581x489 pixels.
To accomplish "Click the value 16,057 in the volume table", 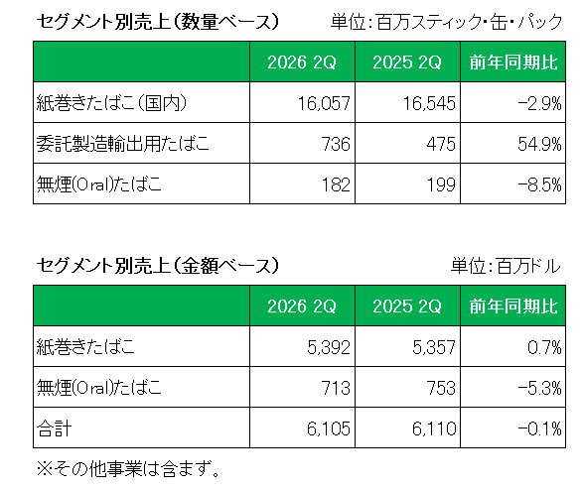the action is [x=324, y=103].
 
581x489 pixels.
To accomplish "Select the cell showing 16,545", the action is [x=429, y=103].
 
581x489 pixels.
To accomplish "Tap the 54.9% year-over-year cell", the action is [x=539, y=144].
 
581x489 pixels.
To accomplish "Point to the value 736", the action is [x=336, y=144].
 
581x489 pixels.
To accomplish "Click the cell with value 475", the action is [x=441, y=144].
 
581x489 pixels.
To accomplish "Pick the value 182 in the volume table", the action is [x=336, y=184].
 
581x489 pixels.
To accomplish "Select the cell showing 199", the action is [x=441, y=184].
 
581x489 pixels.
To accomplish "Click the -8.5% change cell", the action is [x=539, y=184].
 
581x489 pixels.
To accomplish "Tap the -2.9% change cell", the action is [x=539, y=103].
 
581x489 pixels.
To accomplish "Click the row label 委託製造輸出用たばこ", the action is [x=123, y=143].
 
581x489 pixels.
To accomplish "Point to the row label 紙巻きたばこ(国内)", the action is [x=111, y=102].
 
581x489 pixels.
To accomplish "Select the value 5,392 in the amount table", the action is [x=329, y=347].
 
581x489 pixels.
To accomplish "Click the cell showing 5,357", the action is [x=434, y=347].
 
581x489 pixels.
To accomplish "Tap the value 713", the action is [x=336, y=388].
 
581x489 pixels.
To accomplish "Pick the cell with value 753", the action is [x=441, y=388].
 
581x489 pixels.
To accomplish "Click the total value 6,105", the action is [x=329, y=428].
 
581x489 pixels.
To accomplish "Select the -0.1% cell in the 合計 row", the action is [x=539, y=428].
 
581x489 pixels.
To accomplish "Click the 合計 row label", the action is [x=54, y=428].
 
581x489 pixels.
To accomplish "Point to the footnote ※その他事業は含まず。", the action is [x=128, y=469].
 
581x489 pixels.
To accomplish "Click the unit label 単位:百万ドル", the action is [x=506, y=266].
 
